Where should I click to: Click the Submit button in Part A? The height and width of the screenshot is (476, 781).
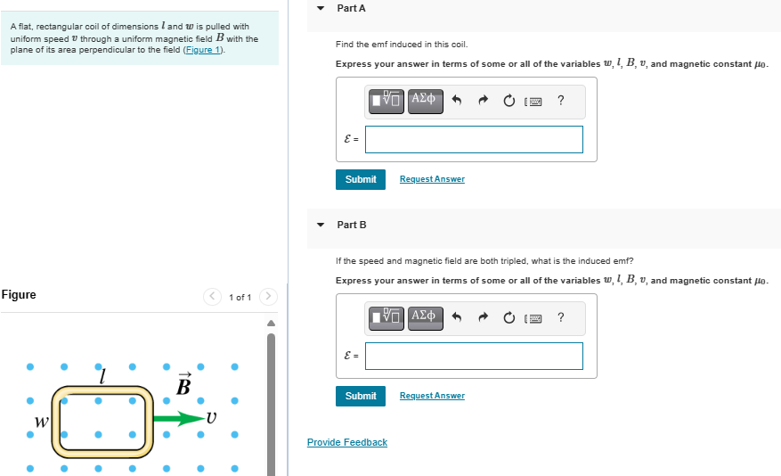pos(361,179)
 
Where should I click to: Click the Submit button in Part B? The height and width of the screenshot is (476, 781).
pos(361,397)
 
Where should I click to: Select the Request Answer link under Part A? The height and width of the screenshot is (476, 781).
pos(432,179)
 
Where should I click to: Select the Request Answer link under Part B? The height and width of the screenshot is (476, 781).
pos(432,395)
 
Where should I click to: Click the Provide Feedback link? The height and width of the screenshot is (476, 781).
pos(347,442)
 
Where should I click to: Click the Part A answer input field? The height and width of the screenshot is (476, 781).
pos(474,140)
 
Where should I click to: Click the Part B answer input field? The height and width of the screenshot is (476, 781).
pos(474,356)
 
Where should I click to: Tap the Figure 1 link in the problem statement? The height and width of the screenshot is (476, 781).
pos(203,50)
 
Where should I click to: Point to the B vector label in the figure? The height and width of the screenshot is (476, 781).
pos(183,383)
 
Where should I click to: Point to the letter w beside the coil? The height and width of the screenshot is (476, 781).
pos(41,422)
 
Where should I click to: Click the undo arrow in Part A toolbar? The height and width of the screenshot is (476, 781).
pos(457,101)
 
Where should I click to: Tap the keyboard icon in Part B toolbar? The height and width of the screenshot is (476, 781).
pos(533,318)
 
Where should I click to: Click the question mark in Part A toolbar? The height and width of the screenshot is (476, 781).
pos(561,100)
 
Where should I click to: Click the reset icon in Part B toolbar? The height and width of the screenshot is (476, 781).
pos(508,317)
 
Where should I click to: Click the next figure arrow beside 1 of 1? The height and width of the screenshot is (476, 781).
pos(268,297)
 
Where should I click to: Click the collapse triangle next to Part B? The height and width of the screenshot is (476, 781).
pos(321,225)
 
